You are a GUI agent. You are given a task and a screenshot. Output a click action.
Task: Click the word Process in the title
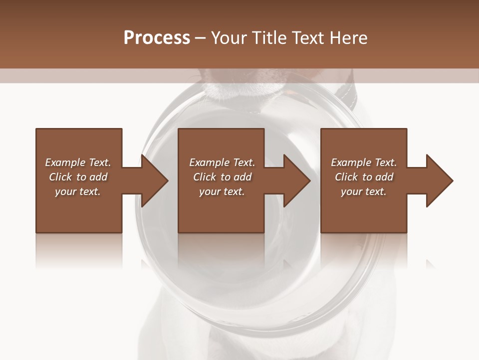(157, 38)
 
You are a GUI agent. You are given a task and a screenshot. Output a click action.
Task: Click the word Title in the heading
(267, 38)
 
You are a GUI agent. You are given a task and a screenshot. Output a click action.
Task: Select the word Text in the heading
(306, 38)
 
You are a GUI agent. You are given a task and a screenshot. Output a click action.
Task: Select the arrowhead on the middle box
(296, 180)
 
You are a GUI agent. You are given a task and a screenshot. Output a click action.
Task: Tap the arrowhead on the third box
(439, 180)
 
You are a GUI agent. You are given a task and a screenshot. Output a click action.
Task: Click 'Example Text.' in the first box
(78, 162)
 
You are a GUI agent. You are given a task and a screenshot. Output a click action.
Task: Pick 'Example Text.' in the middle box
(222, 162)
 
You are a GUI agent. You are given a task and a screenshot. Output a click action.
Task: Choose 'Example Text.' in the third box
(364, 162)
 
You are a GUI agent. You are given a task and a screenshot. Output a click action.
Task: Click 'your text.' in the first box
(78, 191)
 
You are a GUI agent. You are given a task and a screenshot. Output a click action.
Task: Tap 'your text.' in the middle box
(222, 191)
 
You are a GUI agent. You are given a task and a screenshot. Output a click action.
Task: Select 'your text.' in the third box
(364, 191)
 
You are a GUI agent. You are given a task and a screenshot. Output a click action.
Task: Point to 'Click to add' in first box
(78, 177)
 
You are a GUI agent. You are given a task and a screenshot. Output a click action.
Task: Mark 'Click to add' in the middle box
(222, 177)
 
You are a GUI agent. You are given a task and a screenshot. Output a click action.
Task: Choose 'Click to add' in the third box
(364, 177)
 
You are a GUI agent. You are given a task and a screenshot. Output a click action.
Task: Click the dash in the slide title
(201, 38)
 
